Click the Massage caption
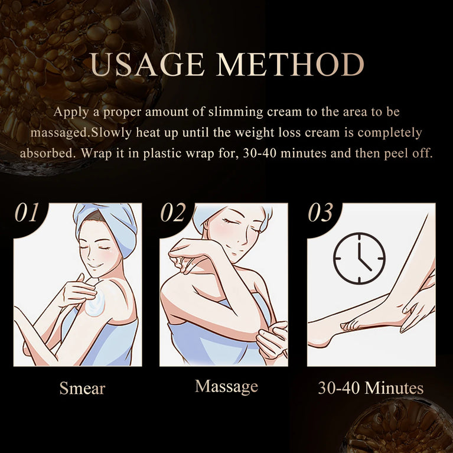(226, 386)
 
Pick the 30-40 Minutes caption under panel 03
(370, 388)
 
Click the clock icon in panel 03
(359, 258)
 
